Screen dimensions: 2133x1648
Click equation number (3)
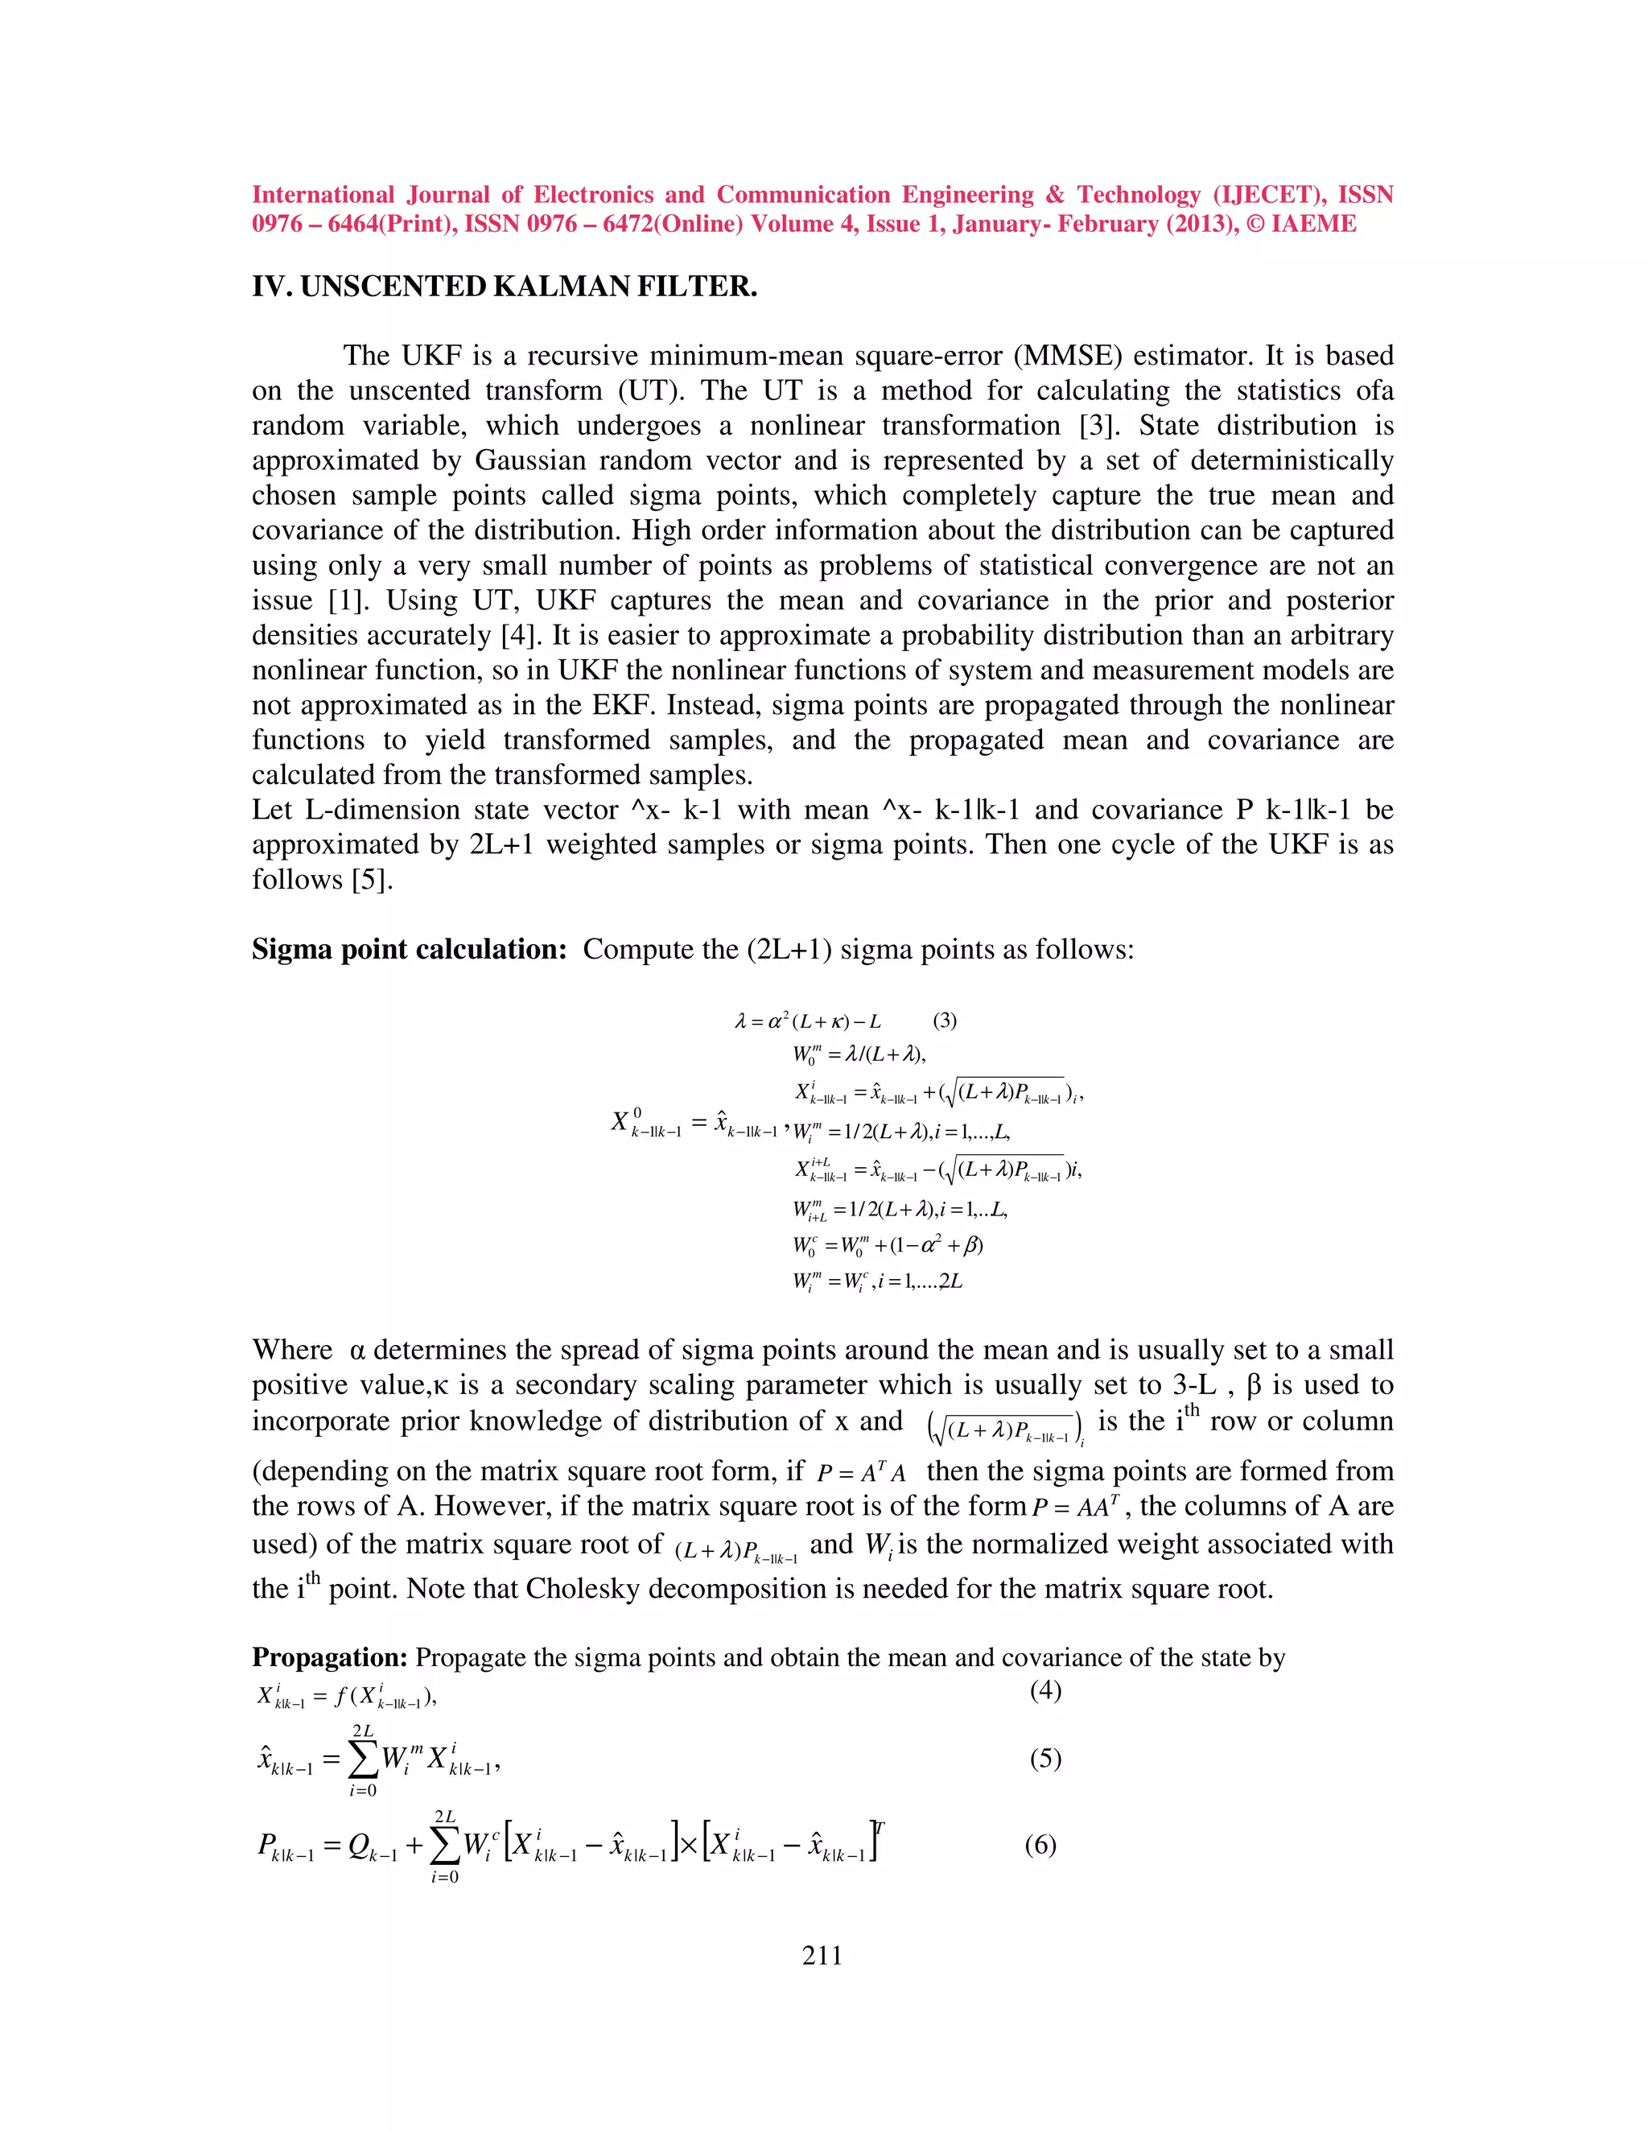944,1021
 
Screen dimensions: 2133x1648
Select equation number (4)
1044,1690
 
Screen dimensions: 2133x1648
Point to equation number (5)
1044,1759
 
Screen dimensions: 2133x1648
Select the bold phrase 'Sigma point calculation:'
409,949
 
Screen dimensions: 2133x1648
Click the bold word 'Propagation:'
329,1657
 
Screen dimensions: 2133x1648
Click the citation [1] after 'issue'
349,600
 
